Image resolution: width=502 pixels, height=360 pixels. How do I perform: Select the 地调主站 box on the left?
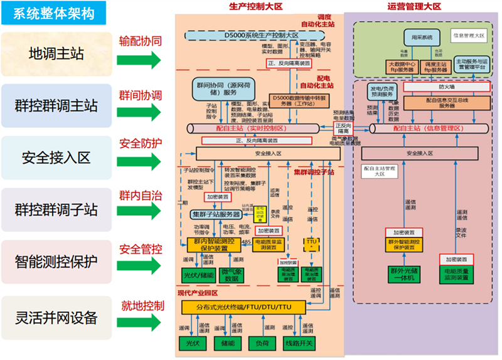click(57, 54)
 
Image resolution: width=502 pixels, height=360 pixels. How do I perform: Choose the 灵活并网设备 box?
click(57, 317)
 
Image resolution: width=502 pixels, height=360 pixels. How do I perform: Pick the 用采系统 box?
click(419, 38)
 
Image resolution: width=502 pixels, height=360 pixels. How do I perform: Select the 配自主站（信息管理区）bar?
click(428, 128)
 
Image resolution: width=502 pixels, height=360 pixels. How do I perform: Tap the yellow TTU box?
click(312, 242)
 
